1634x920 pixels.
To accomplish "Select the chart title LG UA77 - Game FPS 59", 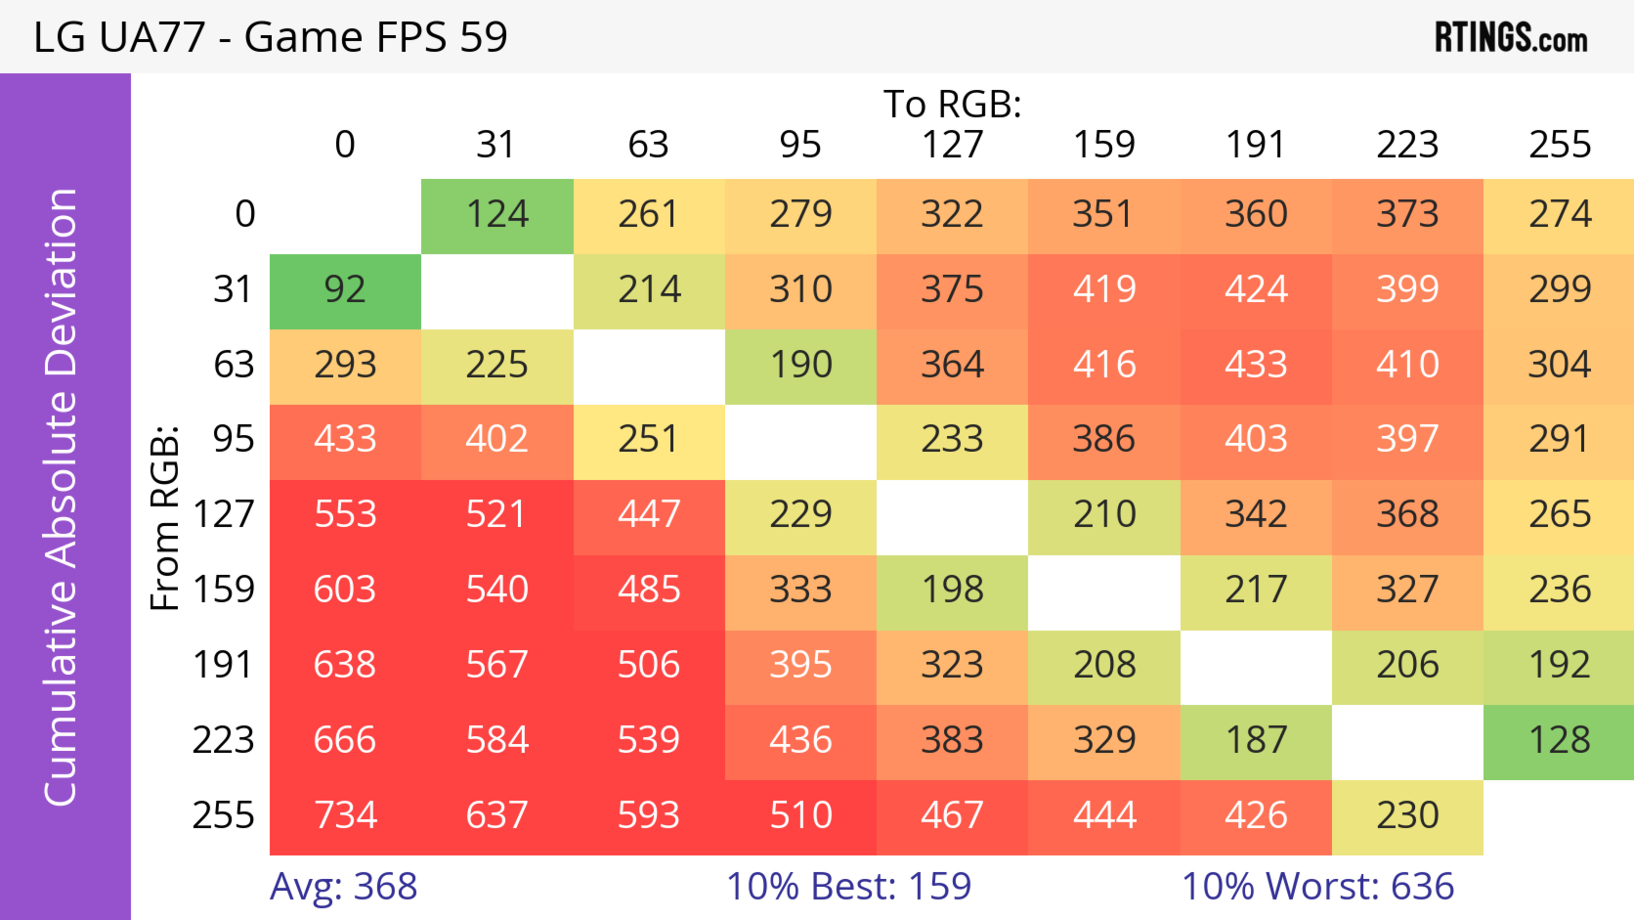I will click(x=270, y=37).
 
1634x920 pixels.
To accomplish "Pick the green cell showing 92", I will click(x=345, y=290).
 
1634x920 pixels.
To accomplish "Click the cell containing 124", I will click(x=497, y=215).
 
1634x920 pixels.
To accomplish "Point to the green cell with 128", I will click(x=1559, y=740).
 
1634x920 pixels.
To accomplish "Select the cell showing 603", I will click(x=345, y=590).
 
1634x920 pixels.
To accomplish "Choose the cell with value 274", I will click(x=1559, y=215).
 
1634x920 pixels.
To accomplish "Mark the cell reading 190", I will click(x=800, y=365).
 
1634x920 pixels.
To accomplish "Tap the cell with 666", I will click(x=345, y=740).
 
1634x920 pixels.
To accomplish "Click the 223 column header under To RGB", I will click(x=1407, y=145).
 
